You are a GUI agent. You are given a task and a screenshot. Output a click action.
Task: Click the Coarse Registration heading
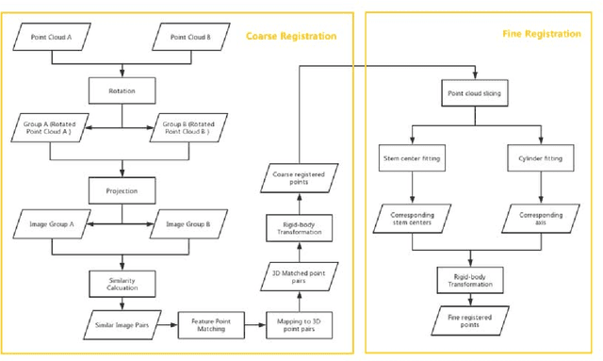tap(291, 36)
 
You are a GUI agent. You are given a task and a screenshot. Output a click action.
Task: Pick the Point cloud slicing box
tap(476, 95)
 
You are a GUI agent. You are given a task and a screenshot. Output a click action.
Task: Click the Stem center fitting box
tap(411, 158)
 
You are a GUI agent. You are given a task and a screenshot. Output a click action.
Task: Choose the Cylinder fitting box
tap(540, 158)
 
